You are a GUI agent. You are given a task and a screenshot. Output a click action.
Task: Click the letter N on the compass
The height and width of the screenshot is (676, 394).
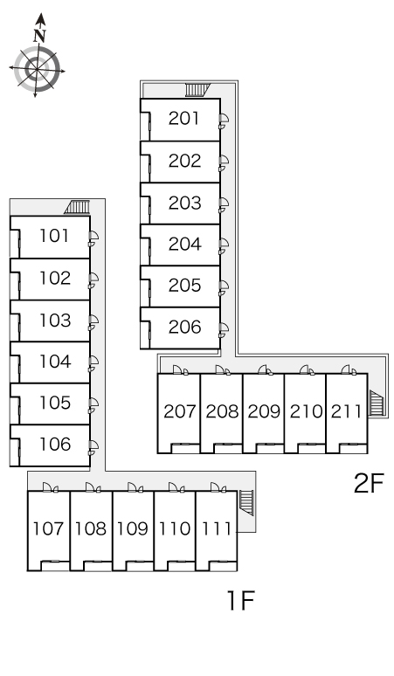coord(40,35)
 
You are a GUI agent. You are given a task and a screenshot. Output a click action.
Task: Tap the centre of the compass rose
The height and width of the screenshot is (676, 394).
coord(36,69)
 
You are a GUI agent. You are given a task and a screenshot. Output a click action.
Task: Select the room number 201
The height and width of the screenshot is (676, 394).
coord(184,119)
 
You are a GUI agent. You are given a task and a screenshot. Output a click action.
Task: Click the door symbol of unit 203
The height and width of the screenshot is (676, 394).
coord(224,204)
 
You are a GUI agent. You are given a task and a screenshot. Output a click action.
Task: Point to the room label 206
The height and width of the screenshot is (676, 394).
coord(185,328)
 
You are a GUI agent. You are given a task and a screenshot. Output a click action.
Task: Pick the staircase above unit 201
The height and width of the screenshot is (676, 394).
coord(197,90)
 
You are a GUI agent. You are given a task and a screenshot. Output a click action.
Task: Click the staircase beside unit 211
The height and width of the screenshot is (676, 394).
coord(376,403)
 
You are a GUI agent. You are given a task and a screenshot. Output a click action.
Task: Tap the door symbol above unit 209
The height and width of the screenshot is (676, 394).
coord(265,370)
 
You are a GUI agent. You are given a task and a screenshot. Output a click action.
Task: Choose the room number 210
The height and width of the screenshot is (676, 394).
coord(306,411)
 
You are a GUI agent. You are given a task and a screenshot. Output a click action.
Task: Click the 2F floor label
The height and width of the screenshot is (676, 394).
coord(369,483)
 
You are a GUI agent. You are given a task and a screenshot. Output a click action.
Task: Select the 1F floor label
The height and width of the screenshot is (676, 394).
coord(241,600)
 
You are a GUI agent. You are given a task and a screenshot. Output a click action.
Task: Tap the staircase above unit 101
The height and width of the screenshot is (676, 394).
coord(77,207)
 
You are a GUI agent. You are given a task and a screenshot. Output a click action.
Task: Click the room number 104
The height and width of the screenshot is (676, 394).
coord(55,362)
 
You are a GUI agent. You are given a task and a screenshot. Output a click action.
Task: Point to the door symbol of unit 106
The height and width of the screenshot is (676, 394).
coord(93,447)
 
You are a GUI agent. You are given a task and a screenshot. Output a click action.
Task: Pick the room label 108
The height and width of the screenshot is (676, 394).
coord(91,528)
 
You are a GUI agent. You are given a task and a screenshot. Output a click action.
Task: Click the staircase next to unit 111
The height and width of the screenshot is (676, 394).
coord(246,503)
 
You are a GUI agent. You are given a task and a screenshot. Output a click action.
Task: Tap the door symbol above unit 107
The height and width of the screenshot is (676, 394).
coord(50,487)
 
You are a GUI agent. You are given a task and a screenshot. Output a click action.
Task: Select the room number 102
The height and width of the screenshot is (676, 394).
coord(55,278)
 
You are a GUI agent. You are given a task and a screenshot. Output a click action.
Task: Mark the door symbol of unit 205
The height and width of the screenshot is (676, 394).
coord(224,288)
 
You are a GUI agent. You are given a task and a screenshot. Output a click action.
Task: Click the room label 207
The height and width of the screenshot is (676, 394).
coord(180,411)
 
